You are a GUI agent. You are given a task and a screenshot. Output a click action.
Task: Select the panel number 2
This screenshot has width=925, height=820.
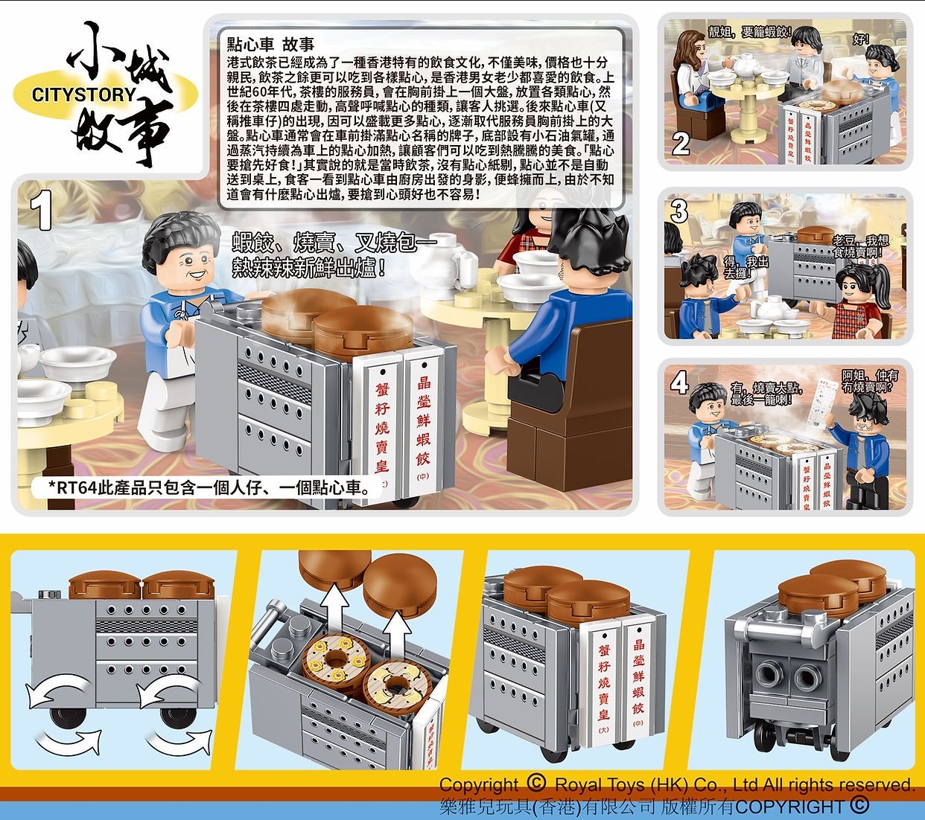(x=679, y=143)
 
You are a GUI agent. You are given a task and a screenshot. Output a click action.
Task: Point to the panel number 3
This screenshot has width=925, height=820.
(x=679, y=211)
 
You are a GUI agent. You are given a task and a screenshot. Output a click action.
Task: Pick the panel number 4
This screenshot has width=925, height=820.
(x=679, y=382)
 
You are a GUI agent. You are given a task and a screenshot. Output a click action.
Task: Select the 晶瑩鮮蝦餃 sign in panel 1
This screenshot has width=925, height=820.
(x=423, y=420)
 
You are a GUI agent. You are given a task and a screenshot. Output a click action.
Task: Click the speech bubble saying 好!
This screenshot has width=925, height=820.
(x=861, y=39)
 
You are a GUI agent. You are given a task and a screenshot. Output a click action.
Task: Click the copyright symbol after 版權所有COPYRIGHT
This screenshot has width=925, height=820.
(x=858, y=805)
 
